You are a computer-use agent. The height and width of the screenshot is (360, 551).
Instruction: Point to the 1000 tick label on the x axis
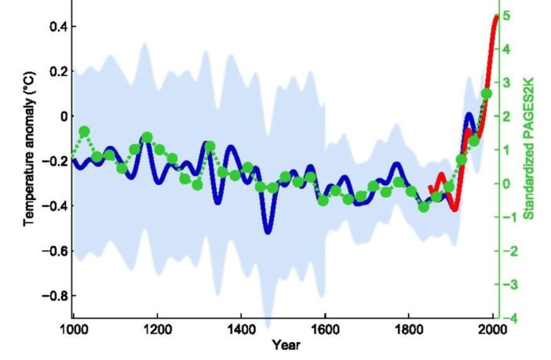(72, 329)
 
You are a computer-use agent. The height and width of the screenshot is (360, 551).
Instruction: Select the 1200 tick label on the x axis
(157, 329)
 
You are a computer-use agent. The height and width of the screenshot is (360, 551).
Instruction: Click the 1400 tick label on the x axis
(241, 329)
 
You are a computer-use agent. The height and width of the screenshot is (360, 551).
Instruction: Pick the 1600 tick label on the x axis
(325, 329)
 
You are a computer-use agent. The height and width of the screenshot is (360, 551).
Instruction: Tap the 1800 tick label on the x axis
(409, 329)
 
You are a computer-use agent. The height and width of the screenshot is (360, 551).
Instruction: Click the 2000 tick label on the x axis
(492, 329)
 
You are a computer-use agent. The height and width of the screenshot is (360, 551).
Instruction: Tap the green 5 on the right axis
(509, 16)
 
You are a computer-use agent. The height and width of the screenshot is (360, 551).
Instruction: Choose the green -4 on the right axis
(508, 318)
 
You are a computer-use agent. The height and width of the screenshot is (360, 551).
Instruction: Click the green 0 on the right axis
(509, 184)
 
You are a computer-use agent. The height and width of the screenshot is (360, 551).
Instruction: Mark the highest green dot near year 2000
(486, 94)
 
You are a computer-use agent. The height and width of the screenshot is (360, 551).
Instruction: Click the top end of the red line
(498, 16)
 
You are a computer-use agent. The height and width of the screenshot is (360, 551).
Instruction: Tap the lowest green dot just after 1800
(423, 207)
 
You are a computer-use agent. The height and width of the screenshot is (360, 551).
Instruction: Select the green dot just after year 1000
(84, 131)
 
